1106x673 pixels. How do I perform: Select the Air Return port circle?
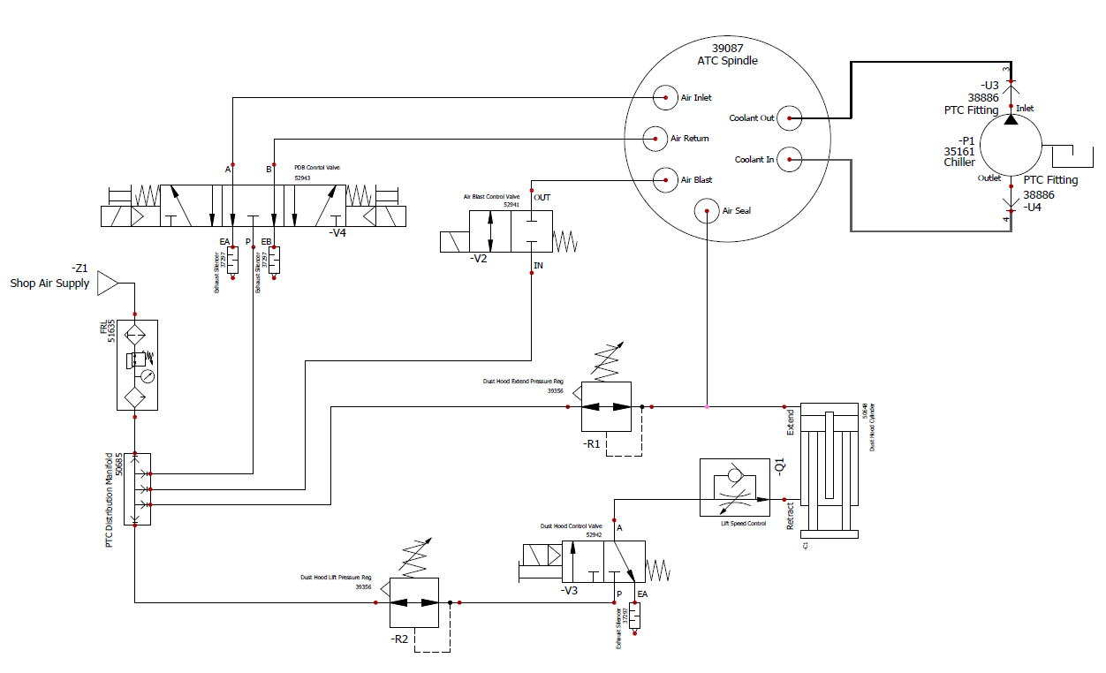[655, 138]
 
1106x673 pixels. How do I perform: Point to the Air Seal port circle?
[707, 210]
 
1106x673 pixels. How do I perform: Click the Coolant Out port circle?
[790, 117]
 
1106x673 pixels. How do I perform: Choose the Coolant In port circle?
[790, 160]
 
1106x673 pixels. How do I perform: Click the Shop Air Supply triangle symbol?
[107, 284]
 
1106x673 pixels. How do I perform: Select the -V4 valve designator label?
[337, 233]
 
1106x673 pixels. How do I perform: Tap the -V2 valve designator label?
[480, 259]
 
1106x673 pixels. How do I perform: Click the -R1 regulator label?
[592, 444]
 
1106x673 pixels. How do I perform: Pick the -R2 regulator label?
[400, 639]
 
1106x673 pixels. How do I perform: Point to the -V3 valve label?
[572, 591]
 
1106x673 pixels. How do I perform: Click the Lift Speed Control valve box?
[734, 488]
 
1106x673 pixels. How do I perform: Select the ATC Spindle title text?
[727, 61]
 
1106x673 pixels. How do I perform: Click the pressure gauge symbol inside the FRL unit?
[147, 374]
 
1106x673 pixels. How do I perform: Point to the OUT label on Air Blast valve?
[542, 197]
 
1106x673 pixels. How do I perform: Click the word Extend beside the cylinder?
[791, 421]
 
